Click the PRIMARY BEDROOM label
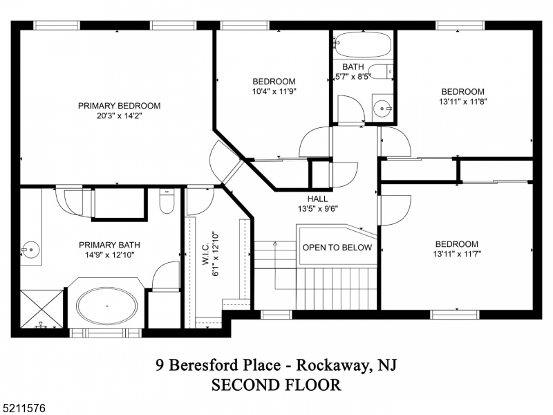(119, 106)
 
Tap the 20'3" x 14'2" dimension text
(119, 116)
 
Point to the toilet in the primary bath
(167, 201)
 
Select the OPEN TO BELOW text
(337, 248)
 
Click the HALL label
(317, 199)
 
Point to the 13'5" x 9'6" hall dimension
(317, 208)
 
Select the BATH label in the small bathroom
(353, 67)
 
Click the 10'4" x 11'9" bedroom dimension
(274, 91)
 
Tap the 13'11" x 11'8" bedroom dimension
(462, 102)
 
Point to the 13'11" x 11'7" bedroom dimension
(456, 254)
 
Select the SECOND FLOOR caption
(276, 385)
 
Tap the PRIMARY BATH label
(109, 245)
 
